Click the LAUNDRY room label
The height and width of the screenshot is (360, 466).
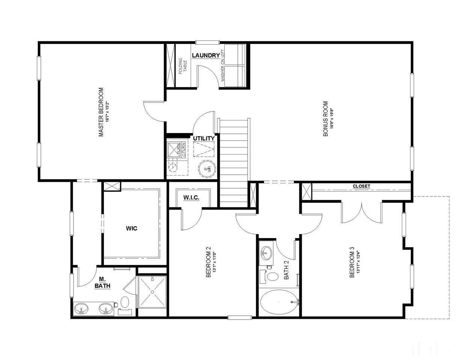tap(206, 55)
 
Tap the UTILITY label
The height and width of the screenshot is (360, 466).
tap(204, 138)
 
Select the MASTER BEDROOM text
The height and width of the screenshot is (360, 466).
tap(101, 112)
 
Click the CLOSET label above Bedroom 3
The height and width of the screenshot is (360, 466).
tap(361, 186)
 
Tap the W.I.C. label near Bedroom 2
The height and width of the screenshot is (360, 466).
tap(191, 198)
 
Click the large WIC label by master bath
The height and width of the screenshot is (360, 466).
tap(131, 228)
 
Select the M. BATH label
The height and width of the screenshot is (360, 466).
tap(102, 282)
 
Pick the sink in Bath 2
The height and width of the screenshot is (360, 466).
tap(266, 252)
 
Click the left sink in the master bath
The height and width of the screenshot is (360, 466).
tap(81, 309)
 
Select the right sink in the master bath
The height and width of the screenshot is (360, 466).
tap(105, 309)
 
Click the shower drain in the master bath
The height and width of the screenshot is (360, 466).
tap(152, 292)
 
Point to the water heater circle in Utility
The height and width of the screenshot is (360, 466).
tap(206, 169)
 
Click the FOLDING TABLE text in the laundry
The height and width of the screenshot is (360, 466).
tap(183, 66)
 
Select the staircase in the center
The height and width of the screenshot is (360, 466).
tap(234, 161)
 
